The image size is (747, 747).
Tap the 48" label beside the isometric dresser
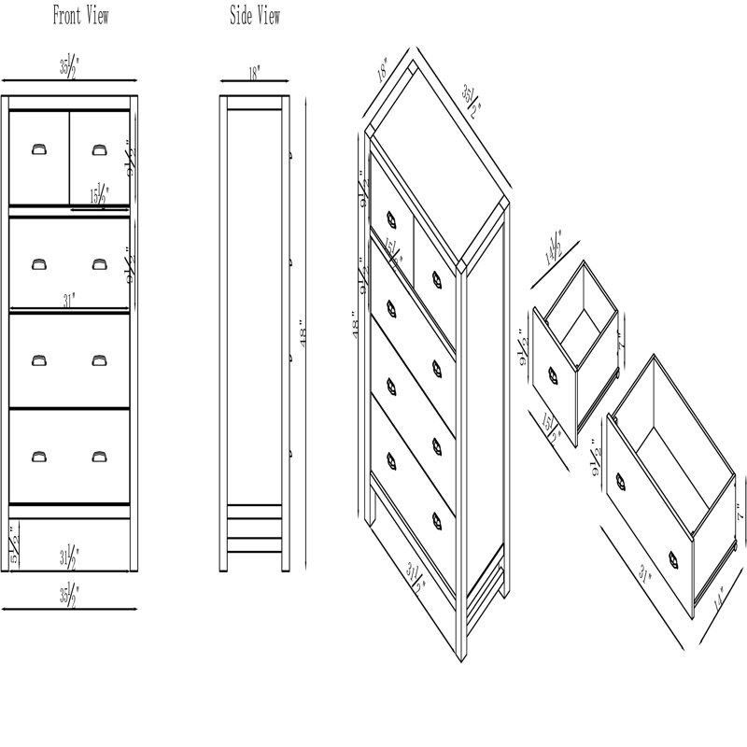pyautogui.click(x=355, y=326)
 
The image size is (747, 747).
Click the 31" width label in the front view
pyautogui.click(x=70, y=301)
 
